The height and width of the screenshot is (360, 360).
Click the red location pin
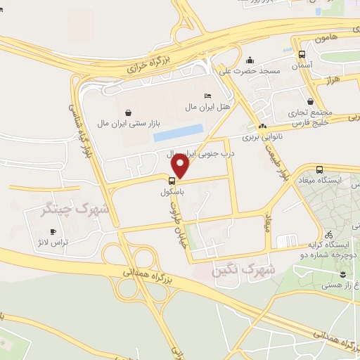click(x=181, y=165)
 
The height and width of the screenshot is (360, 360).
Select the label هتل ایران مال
click(x=207, y=106)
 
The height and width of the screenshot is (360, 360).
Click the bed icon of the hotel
click(x=207, y=96)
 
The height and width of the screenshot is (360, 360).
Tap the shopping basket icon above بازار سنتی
click(x=128, y=112)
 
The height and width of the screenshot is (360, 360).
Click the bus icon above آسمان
click(x=302, y=54)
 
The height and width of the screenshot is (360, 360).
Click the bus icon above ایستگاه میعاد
click(x=320, y=169)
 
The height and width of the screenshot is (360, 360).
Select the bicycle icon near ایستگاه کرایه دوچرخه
click(x=329, y=234)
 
